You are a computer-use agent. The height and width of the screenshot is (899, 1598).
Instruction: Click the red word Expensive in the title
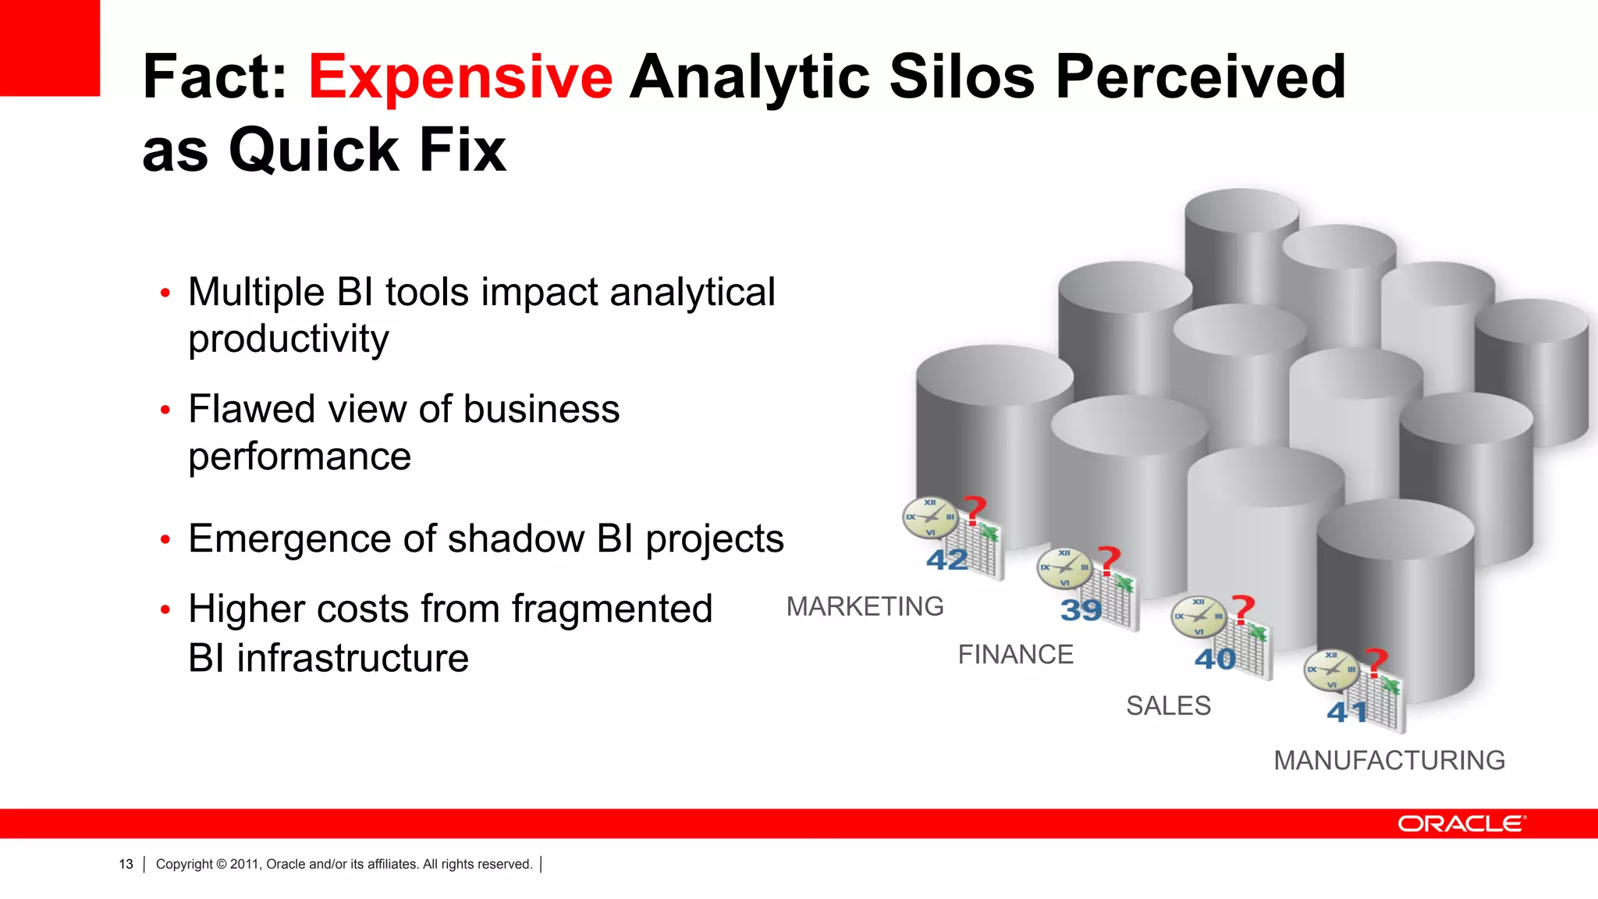[x=460, y=77]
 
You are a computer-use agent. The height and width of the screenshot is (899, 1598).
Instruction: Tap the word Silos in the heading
[x=961, y=77]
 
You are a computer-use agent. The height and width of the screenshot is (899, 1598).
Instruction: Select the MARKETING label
[x=865, y=606]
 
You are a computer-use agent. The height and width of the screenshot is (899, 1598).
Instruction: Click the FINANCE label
[x=1015, y=655]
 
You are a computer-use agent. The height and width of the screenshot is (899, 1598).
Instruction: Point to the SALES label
[x=1168, y=706]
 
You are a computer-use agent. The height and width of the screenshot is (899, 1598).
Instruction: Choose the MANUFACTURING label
[x=1389, y=760]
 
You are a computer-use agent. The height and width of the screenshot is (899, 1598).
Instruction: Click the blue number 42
[x=946, y=560]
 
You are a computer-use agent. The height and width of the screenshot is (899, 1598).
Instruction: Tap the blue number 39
[x=1081, y=609]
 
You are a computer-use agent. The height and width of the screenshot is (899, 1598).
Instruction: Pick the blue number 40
[x=1215, y=659]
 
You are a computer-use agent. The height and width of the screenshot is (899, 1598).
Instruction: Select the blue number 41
[x=1348, y=712]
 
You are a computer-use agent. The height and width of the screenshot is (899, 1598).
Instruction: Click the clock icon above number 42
[x=930, y=517]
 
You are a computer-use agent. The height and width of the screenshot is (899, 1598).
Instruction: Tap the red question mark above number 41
[x=1376, y=662]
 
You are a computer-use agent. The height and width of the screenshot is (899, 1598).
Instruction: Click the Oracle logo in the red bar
[x=1461, y=824]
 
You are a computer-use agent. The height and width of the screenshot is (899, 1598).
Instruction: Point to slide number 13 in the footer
[x=126, y=864]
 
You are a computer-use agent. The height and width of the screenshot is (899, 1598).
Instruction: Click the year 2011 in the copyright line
[x=244, y=864]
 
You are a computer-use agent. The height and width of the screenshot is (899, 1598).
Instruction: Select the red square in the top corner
[x=49, y=47]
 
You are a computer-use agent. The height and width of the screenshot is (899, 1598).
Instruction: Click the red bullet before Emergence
[x=165, y=540]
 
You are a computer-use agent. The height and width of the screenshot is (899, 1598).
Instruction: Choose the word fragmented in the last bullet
[x=612, y=609]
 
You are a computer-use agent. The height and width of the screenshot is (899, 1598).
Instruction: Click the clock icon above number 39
[x=1064, y=567]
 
